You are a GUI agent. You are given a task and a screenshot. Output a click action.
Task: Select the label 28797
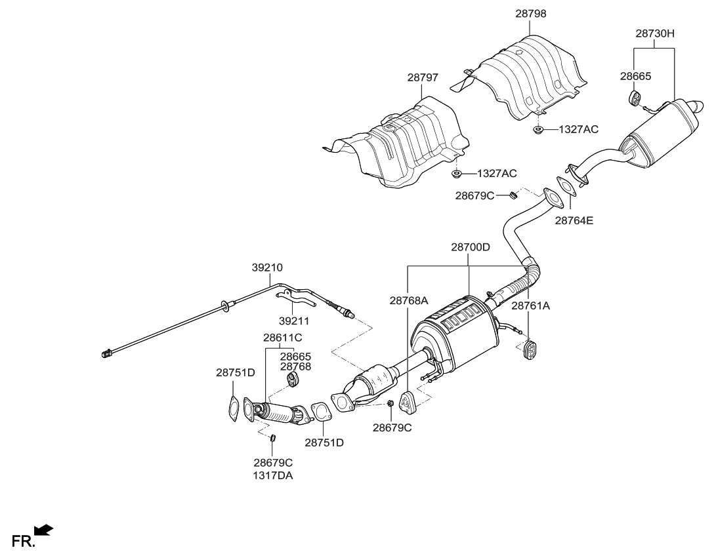pos(423,77)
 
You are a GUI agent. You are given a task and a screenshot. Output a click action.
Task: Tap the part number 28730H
pos(654,32)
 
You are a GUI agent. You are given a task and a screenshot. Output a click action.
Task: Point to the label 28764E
pos(574,221)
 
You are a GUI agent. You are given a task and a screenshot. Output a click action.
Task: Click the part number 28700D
pos(470,247)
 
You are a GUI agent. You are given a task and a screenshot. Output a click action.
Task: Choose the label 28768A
pos(408,300)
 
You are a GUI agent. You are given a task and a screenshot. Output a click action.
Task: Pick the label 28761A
pos(530,306)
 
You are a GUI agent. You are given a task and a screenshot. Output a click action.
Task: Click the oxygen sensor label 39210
pos(267,268)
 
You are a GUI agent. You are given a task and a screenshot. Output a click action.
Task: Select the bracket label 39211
pos(295,321)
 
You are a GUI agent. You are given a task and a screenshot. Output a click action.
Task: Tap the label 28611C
pos(282,338)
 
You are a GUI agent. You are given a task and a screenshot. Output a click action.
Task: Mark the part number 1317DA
pos(274,476)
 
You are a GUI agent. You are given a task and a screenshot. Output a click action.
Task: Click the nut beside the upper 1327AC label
pos(537,130)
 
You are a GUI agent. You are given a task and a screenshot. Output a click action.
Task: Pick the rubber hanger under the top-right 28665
pos(636,99)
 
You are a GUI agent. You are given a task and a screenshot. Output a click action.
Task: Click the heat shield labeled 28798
pos(529,75)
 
